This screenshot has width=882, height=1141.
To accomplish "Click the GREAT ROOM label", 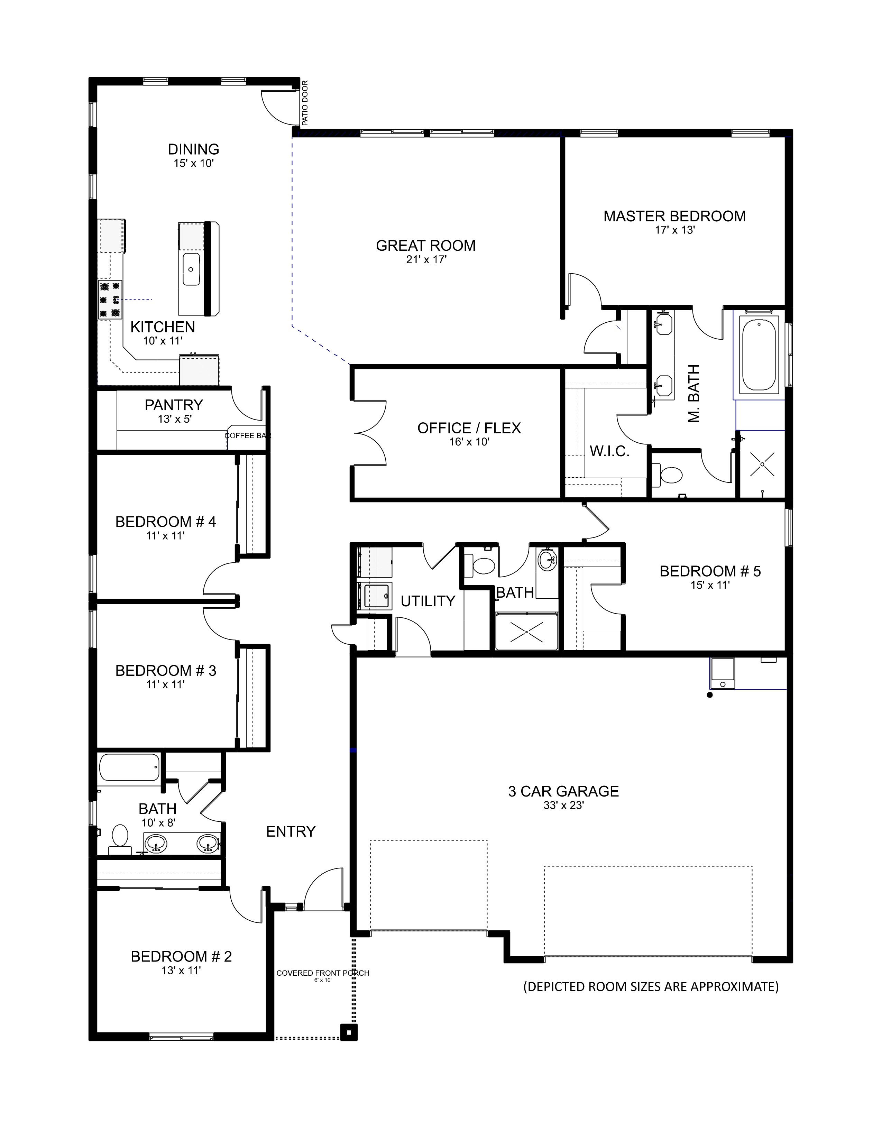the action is click(426, 246).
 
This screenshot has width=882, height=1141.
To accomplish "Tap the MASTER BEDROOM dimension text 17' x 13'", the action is click(674, 230).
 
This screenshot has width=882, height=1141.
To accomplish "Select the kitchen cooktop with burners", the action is click(110, 300).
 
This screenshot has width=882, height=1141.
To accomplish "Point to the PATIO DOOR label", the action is click(305, 102).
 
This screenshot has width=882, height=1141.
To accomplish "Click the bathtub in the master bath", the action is click(759, 355).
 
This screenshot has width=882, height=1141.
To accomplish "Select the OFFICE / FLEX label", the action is click(469, 429).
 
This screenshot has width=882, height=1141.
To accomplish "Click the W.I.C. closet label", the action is click(610, 451).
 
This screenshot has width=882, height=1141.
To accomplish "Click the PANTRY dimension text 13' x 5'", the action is click(175, 419).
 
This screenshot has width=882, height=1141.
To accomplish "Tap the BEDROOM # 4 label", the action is click(166, 522).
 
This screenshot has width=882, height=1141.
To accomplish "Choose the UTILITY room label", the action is click(428, 601).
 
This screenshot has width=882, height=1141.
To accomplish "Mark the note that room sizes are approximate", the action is click(651, 987).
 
